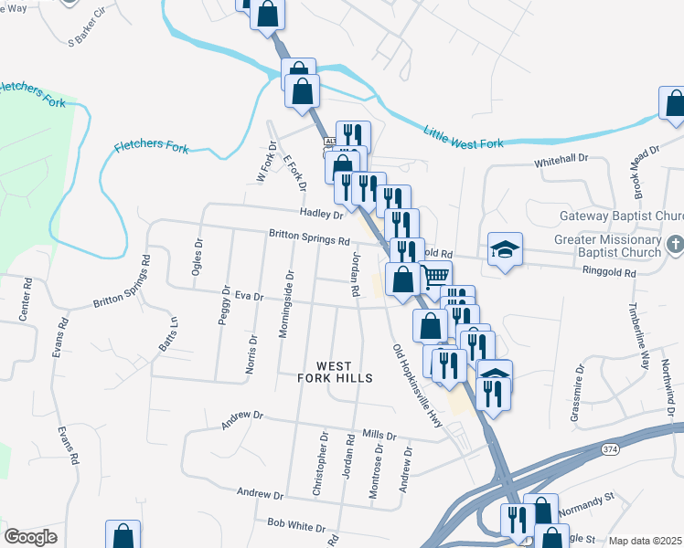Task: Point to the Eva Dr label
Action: tap(249, 296)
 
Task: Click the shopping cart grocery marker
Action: tap(436, 274)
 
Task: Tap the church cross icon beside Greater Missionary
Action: tap(674, 246)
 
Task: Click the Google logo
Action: tap(30, 537)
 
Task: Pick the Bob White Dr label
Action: tap(296, 527)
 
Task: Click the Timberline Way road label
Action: tap(643, 333)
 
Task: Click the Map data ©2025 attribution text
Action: tap(645, 541)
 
